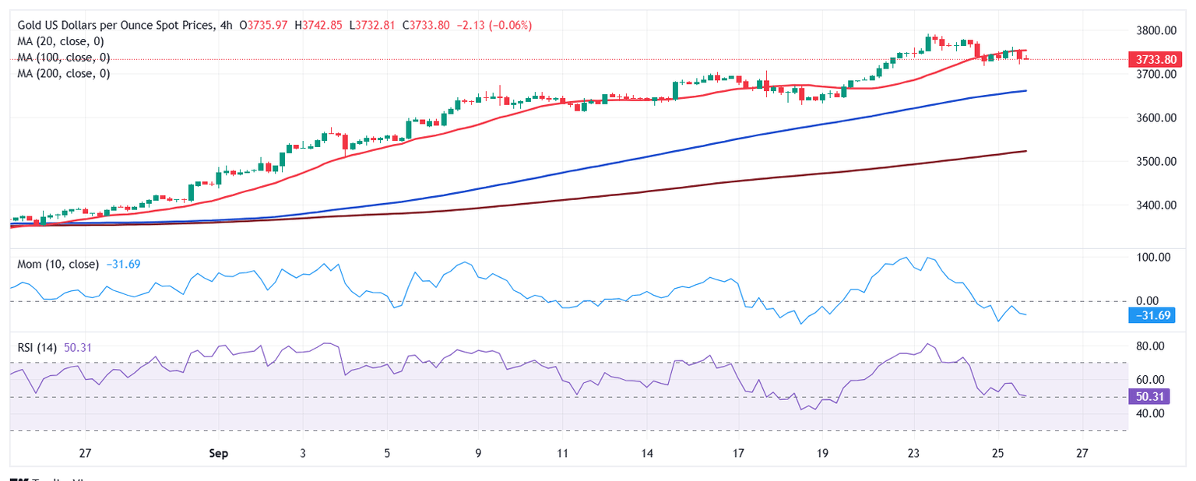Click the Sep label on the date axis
point(218,452)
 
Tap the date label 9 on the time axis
point(478,452)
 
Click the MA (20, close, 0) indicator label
point(61,41)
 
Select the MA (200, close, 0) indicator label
point(64,74)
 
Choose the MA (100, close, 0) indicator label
point(64,58)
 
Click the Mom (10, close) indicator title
point(58,265)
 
